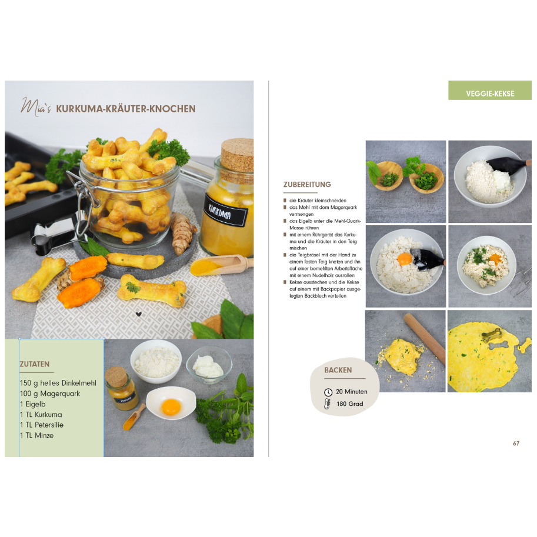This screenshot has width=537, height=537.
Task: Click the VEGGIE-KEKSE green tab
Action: click(489, 94)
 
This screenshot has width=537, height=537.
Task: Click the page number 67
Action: click(515, 443)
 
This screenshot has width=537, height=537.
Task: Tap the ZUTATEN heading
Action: click(34, 364)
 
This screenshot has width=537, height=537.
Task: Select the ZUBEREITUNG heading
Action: click(307, 185)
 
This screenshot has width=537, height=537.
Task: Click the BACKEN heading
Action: click(338, 370)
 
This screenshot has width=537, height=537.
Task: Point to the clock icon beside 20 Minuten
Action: click(328, 392)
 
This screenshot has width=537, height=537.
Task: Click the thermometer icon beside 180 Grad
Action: click(328, 404)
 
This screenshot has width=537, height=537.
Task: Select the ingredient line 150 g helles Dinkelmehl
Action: click(58, 383)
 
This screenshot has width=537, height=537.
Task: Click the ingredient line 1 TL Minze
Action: click(36, 435)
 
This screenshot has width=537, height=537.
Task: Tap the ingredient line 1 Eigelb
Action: click(32, 404)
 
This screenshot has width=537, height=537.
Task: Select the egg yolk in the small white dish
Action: click(171, 406)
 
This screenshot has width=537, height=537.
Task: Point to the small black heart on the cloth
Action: click(139, 314)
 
